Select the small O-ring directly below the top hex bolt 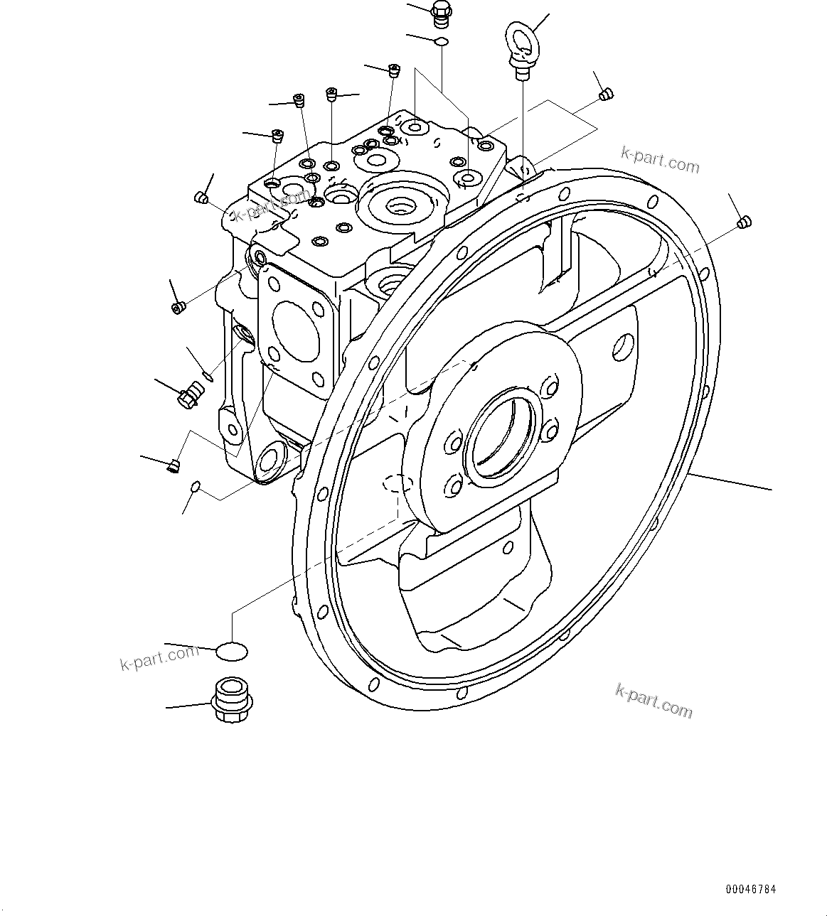pos(441,41)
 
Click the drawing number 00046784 pos(751,889)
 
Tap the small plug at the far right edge pos(744,222)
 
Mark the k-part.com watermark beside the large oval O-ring pos(159,657)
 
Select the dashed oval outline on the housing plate pos(398,484)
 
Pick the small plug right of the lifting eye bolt pos(605,93)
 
